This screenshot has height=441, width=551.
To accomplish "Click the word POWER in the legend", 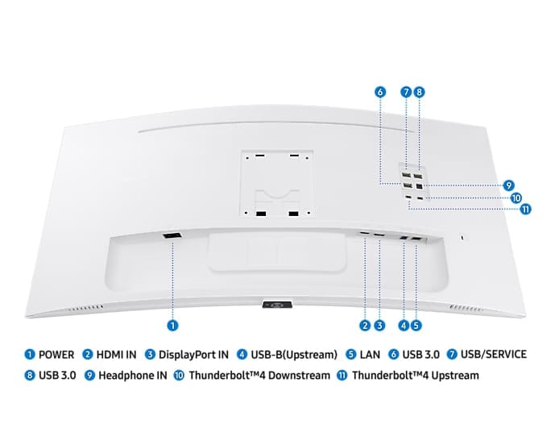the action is (56, 355).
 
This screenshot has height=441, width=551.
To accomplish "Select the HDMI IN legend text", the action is (116, 355).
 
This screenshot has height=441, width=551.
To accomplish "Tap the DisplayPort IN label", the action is (193, 355).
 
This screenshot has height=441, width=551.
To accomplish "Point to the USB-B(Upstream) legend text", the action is (294, 355).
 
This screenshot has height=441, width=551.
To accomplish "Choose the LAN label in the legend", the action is (370, 355).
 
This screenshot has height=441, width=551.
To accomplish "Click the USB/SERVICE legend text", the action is (493, 354).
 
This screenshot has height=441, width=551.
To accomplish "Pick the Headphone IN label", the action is (133, 375).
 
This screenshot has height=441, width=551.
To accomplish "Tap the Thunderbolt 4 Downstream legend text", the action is (259, 375).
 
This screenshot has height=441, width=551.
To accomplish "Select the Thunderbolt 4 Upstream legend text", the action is (416, 375).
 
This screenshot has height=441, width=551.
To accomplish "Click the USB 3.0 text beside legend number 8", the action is (57, 375).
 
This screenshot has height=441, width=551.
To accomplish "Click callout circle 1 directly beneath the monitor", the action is (172, 325).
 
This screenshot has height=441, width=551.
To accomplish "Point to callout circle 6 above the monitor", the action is (380, 92).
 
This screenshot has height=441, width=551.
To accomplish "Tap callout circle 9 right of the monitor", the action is (508, 185).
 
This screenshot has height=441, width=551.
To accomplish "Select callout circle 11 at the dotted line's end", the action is (525, 210).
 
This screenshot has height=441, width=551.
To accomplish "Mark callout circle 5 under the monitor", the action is (416, 325).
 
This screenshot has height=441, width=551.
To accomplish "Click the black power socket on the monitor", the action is (172, 236).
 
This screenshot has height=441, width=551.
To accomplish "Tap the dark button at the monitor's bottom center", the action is (278, 305).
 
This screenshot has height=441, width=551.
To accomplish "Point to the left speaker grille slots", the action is (85, 309).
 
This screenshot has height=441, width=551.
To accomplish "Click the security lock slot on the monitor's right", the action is (463, 237).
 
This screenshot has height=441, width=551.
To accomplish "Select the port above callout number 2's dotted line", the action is (364, 234).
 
